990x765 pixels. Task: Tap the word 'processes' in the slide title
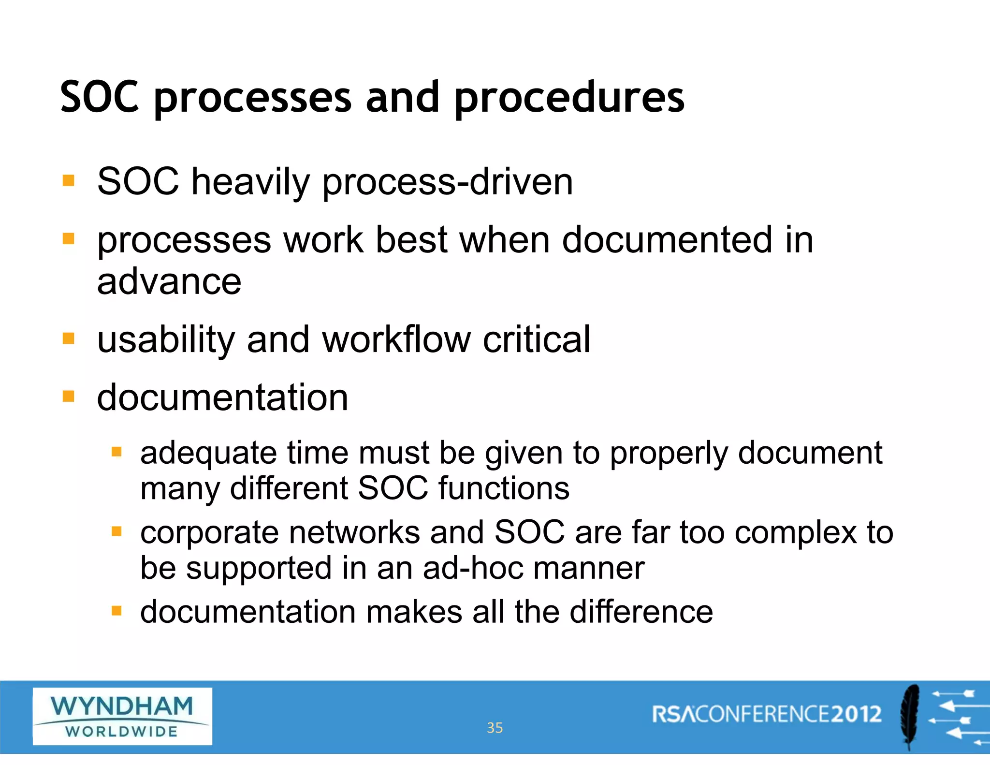coord(252,99)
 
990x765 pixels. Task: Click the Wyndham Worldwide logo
coord(122,716)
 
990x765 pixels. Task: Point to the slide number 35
coord(495,728)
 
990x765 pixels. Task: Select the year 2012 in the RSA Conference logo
coord(856,714)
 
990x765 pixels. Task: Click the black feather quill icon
coord(910,716)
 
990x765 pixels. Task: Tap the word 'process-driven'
coord(447,183)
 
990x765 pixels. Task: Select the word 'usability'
coord(166,340)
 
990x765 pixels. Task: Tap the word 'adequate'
coord(208,454)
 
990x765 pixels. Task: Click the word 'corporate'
coord(209,533)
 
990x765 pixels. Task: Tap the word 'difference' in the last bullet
coord(641,612)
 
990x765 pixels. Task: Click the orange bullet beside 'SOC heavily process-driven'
coord(69,181)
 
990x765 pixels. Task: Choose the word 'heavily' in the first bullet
coord(250,183)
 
